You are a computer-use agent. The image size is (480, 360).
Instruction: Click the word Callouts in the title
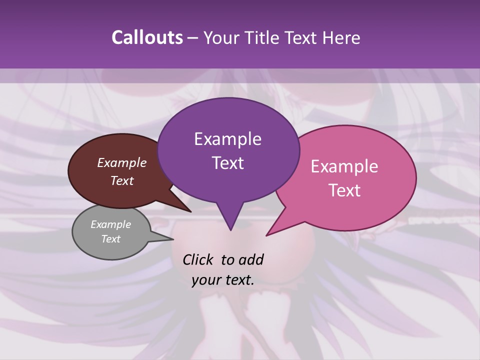coord(147,37)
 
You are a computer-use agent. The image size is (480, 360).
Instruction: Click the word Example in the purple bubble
coord(227,139)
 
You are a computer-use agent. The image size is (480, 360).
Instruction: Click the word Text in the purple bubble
coord(227,163)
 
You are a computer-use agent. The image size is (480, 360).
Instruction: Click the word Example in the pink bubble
coord(344,166)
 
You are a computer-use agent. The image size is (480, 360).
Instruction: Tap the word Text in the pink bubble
coord(344,190)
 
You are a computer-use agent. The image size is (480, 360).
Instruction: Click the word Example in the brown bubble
coord(121,162)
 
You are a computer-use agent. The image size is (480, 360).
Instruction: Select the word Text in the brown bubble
coord(121,180)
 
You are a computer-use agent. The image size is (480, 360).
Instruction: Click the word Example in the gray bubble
coord(110,224)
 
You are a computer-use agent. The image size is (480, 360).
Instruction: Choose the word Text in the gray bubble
coord(110,239)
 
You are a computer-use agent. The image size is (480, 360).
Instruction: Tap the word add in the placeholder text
coord(250,259)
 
